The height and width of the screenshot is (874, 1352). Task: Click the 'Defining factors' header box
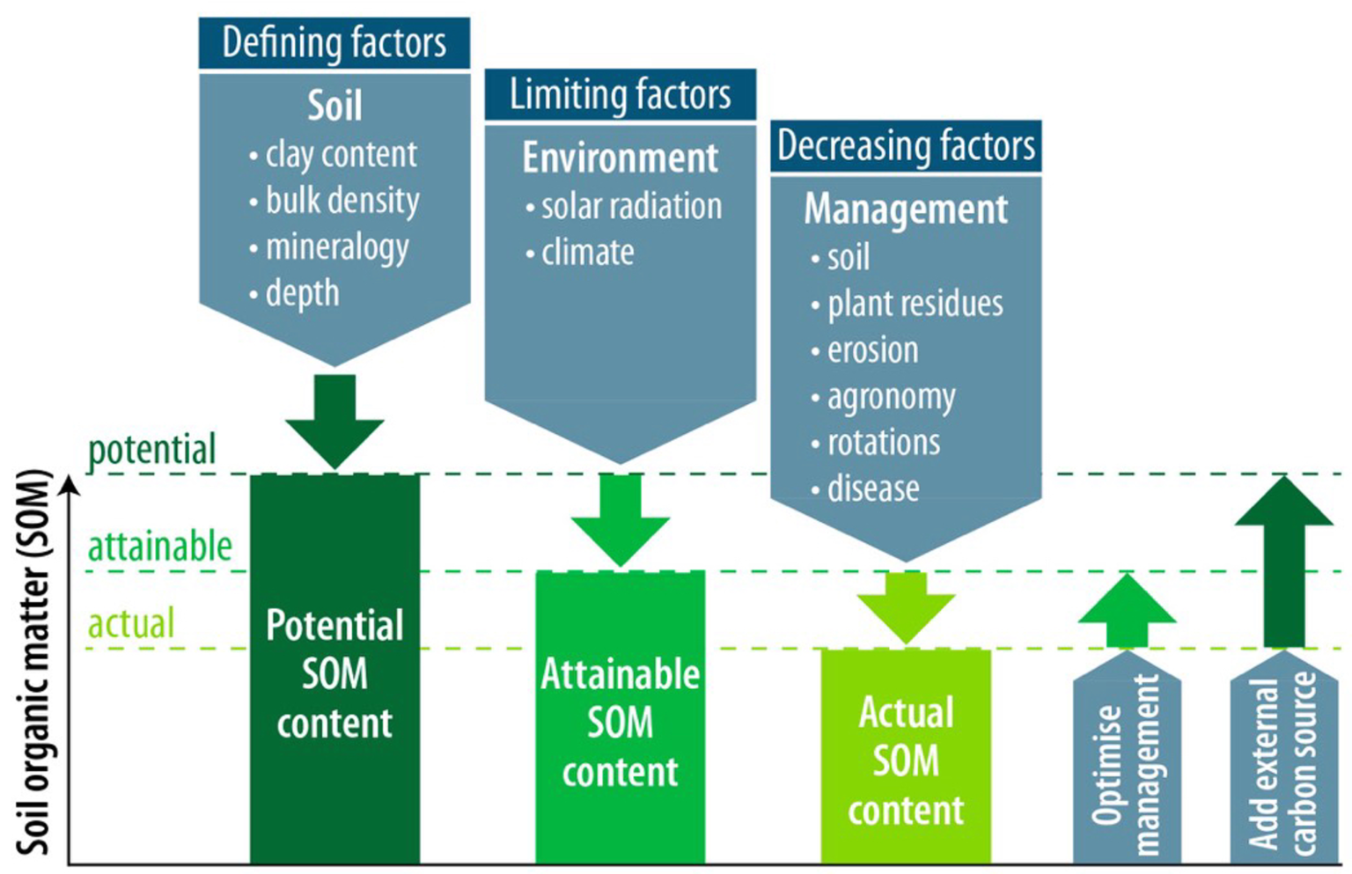[334, 42]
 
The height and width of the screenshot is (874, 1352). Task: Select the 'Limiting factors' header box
[620, 94]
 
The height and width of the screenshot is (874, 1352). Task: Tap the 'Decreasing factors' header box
[906, 146]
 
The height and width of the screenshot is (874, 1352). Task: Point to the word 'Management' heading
[906, 209]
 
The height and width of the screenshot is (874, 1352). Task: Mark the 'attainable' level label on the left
[159, 547]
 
